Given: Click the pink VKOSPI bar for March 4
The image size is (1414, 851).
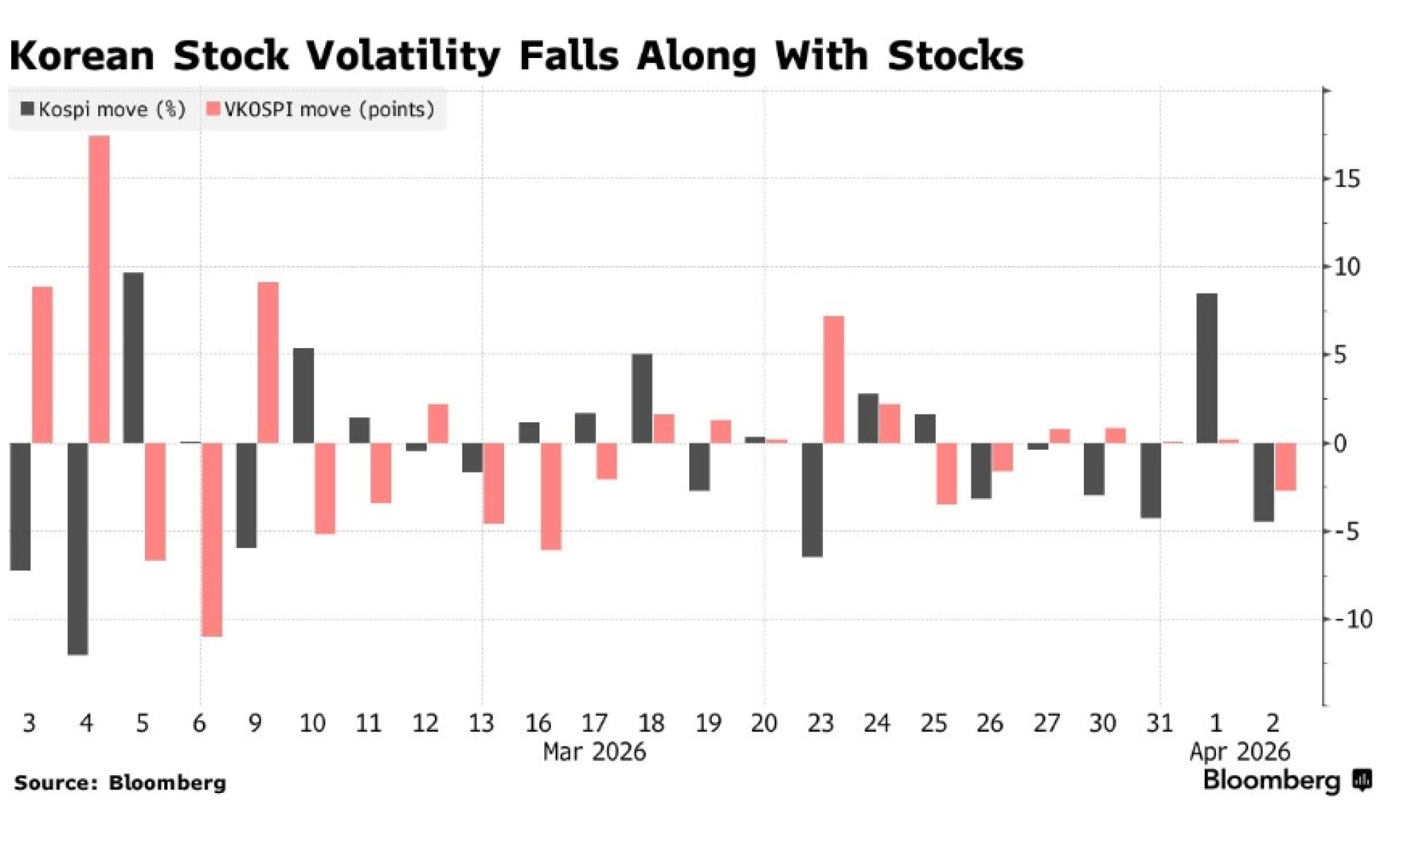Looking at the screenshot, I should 99,289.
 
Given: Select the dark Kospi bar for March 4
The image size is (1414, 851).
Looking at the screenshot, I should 78,549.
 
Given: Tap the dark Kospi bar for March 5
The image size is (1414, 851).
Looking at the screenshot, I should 134,358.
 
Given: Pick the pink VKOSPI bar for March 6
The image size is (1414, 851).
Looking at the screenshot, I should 212,540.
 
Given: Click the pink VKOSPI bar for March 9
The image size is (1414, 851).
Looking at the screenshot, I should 268,363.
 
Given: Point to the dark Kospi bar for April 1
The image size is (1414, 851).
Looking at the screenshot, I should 1207,369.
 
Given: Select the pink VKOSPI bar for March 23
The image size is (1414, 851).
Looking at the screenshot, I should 834,380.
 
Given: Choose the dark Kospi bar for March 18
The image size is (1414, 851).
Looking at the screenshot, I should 642,399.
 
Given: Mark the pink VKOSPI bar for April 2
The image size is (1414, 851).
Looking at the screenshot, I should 1285,467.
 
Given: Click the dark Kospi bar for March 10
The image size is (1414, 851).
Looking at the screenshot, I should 303,396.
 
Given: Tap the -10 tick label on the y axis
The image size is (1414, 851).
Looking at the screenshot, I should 1352,620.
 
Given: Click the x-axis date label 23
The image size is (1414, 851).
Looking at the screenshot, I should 820,724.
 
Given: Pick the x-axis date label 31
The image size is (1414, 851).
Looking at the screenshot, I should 1159,724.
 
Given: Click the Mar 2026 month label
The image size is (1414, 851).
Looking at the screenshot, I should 595,752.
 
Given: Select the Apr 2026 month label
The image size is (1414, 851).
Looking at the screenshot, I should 1239,752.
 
